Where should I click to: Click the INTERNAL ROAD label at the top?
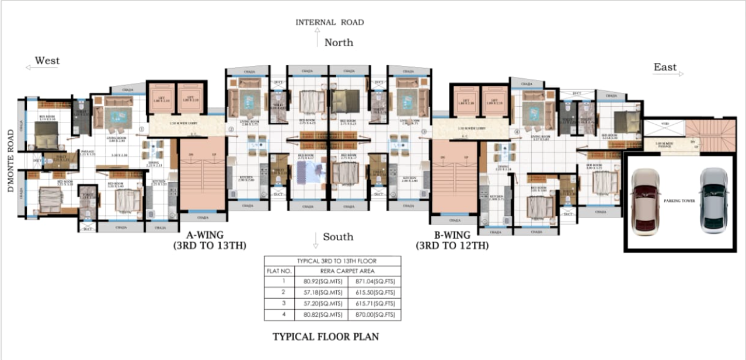click(329, 22)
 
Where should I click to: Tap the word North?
click(339, 43)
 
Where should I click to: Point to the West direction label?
click(47, 61)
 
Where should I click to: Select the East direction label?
click(665, 67)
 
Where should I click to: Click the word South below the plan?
click(339, 236)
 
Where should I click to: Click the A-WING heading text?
click(209, 235)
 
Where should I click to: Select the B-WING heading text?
click(452, 235)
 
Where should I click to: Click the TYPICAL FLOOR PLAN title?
click(326, 337)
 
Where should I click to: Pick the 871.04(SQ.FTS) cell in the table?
click(374, 282)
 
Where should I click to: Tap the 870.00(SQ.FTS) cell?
click(374, 315)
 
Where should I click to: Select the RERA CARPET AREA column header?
click(348, 271)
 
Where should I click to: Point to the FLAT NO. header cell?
click(279, 271)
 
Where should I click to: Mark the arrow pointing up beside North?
click(317, 40)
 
